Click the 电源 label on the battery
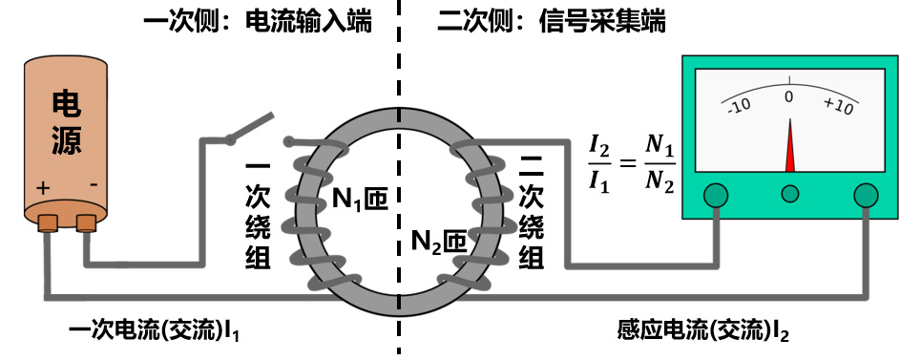[x=67, y=122]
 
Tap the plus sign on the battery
[x=43, y=188]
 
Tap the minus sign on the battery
[x=94, y=185]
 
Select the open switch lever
[x=250, y=127]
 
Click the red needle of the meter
[x=790, y=145]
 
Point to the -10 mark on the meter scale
[x=739, y=106]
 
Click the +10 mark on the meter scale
[x=839, y=106]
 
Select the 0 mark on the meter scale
[x=789, y=96]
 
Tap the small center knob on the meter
[x=790, y=194]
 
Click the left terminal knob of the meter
[x=717, y=195]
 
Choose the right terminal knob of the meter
[x=866, y=195]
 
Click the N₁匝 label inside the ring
[x=361, y=200]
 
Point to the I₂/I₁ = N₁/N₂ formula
[x=631, y=163]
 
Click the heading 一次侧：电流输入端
[x=258, y=22]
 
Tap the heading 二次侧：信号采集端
[x=552, y=22]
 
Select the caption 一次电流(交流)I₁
[x=154, y=331]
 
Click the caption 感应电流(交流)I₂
[x=703, y=331]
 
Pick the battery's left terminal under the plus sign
[x=48, y=222]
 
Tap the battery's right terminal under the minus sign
[x=86, y=222]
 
